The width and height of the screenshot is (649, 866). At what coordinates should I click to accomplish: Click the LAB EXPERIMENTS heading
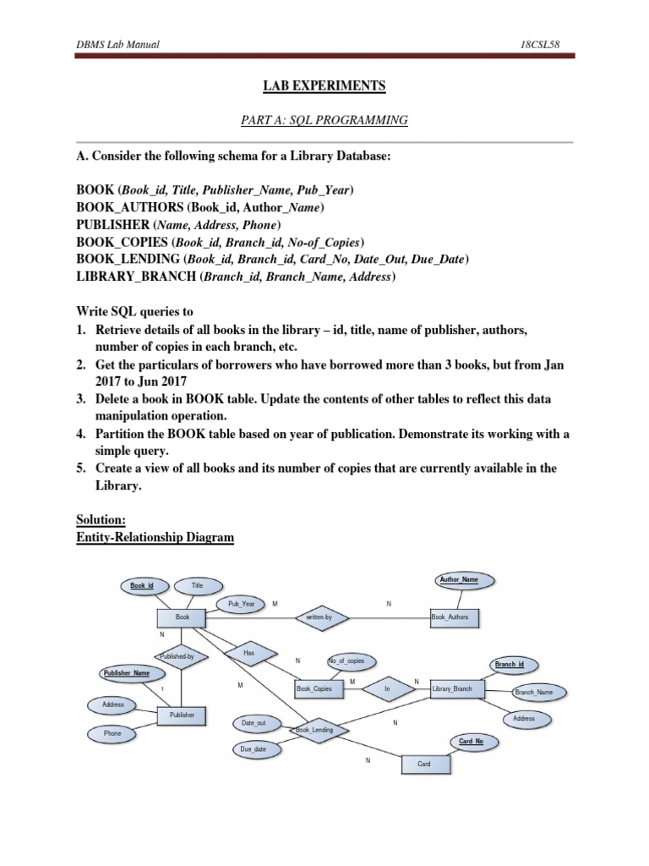click(x=324, y=86)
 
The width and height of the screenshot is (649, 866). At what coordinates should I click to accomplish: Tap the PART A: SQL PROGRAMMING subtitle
click(x=324, y=121)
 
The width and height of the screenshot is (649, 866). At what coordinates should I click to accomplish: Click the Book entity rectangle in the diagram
click(x=183, y=618)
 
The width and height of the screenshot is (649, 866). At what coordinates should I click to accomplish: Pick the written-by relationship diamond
click(x=314, y=618)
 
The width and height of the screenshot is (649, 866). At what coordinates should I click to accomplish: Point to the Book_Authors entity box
click(x=455, y=618)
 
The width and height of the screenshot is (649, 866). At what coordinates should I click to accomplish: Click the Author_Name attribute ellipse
click(x=459, y=580)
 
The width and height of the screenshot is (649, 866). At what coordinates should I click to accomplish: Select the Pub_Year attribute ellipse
click(x=242, y=605)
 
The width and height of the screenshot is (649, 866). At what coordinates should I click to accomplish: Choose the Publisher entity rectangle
click(x=182, y=715)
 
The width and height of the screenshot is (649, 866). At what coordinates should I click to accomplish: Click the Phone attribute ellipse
click(x=112, y=734)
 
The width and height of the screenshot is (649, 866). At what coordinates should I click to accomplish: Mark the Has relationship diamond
click(x=248, y=654)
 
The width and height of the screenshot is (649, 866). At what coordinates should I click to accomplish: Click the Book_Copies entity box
click(x=319, y=689)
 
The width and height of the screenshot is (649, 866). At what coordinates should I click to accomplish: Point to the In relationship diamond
click(x=388, y=689)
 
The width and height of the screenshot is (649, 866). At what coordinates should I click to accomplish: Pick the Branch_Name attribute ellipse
click(x=533, y=693)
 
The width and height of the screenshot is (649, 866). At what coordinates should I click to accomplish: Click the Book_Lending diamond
click(x=309, y=730)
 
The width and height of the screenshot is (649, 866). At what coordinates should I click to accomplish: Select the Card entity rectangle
click(x=424, y=764)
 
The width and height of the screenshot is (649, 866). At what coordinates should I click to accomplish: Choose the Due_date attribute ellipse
click(x=254, y=749)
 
